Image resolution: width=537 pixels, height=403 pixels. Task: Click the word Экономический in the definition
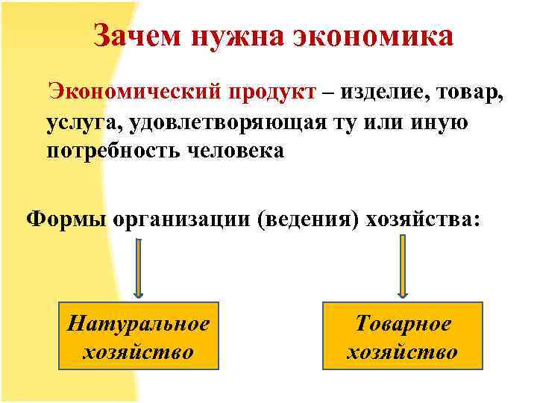pyautogui.click(x=134, y=93)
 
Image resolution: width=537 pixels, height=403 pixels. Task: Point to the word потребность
pyautogui.click(x=112, y=151)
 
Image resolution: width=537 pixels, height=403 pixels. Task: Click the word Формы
pyautogui.click(x=64, y=220)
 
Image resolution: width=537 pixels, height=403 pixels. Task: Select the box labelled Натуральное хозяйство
pyautogui.click(x=138, y=337)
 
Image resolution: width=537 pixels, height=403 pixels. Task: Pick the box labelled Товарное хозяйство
pyautogui.click(x=403, y=337)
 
